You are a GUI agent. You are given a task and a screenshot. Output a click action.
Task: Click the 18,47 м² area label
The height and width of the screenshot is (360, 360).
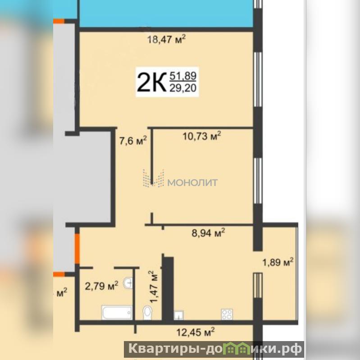coord(166,39)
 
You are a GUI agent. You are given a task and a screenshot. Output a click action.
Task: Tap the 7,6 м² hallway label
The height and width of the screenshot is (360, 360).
coord(133,141)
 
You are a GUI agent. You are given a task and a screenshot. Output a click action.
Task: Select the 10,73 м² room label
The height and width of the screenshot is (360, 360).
coord(202,136)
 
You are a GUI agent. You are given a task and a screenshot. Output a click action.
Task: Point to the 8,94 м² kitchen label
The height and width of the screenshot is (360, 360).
coord(208,233)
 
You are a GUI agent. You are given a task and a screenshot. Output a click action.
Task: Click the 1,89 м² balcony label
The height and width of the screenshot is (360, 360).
coord(278,262)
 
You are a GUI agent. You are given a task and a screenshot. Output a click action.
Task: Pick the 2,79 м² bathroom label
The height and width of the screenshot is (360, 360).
coord(101,286)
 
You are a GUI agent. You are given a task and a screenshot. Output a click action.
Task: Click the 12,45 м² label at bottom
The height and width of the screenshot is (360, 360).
coord(196,332)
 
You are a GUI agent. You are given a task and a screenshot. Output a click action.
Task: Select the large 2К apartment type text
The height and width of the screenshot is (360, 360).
coord(151,82)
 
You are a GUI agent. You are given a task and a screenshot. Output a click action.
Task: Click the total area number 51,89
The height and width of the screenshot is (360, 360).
coord(183,76)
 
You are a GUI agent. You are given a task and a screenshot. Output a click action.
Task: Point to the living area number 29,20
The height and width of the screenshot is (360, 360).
coord(183,88)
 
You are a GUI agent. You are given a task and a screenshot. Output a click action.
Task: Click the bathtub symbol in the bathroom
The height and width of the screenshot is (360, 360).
coord(117,312)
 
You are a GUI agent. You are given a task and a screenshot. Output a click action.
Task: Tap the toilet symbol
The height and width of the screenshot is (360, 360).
coord(147,313)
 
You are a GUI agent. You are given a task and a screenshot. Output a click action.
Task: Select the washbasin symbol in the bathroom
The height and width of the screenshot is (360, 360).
coord(128,283)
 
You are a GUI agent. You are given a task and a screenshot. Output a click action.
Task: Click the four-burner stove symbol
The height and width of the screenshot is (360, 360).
coord(227,314)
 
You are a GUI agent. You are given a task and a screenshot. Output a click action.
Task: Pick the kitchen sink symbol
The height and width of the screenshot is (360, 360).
coord(178,315)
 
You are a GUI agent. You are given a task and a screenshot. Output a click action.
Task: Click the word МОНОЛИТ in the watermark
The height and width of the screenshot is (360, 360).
coord(193,182)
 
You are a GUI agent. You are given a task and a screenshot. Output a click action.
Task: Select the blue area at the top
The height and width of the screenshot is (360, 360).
coord(166,14)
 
